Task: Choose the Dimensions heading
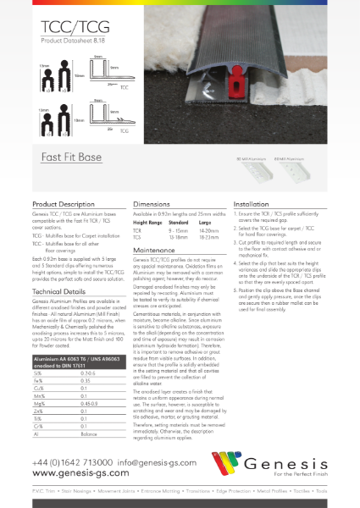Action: click(152, 205)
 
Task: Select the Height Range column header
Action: click(149, 224)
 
